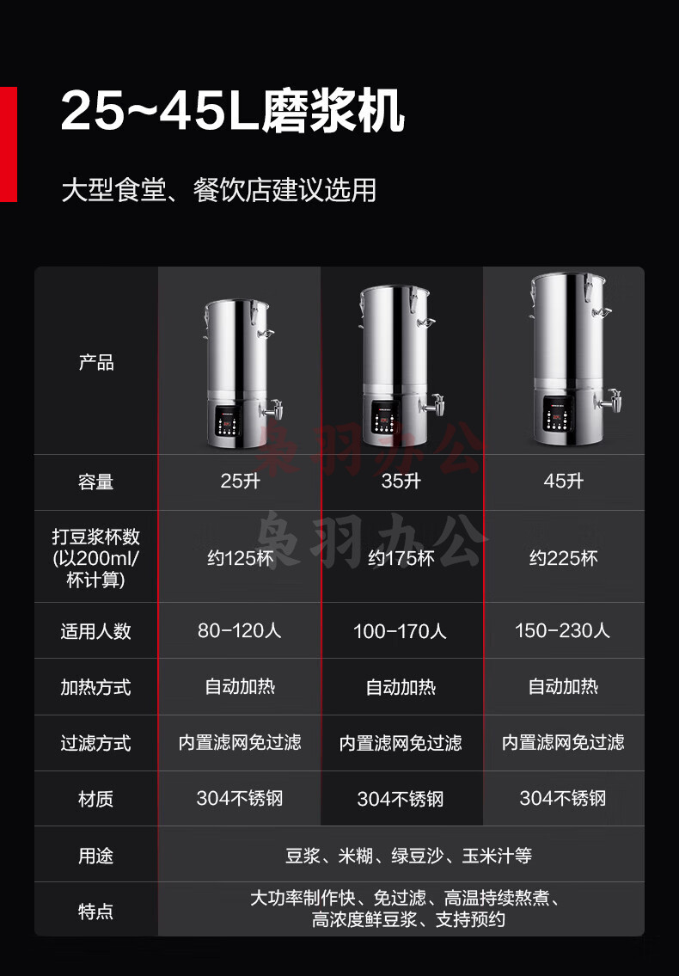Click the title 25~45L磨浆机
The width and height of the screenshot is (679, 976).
coord(233,112)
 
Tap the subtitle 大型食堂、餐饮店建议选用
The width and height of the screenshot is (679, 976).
coord(219,190)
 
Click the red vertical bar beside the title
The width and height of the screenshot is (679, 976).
coord(8,144)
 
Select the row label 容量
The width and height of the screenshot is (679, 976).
coord(96,482)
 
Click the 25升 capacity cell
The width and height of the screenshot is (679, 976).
coord(241,481)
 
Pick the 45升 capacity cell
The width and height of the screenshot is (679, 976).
coord(563,481)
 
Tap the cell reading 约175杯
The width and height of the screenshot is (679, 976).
coord(401,558)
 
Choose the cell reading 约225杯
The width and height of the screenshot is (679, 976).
coord(563,558)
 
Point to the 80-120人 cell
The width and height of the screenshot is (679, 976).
coord(240,630)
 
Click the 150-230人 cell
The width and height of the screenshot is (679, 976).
coord(563,630)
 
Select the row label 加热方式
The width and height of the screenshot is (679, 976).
coord(96,687)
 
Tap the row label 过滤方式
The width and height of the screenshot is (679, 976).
coord(96,743)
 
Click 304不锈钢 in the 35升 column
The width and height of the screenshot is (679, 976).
coord(401,799)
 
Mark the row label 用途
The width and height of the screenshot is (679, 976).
coord(96,856)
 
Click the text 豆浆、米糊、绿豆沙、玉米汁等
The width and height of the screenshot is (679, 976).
coord(409,856)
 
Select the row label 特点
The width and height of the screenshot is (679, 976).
coord(96,912)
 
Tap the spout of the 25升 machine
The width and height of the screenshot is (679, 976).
coord(272,409)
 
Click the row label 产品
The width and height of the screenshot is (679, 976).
coord(96,362)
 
